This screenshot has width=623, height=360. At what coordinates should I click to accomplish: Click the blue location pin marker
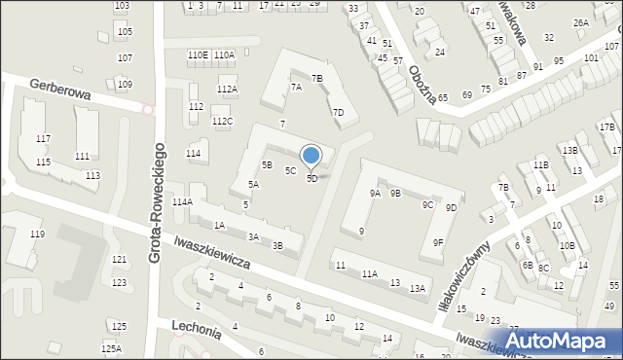point(311,156)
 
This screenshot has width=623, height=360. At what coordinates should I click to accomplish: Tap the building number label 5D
point(312,179)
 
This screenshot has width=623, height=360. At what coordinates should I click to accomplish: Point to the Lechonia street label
point(197,328)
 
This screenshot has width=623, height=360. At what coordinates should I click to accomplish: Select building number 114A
point(182,202)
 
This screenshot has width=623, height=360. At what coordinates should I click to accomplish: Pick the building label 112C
point(223,122)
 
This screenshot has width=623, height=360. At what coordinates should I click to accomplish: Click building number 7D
point(338,113)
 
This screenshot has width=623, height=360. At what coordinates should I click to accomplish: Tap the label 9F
point(439,243)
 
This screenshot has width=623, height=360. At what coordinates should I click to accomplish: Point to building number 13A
point(418,288)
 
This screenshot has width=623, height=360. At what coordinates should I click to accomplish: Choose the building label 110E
point(198,55)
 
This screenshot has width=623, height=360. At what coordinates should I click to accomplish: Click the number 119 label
point(37,234)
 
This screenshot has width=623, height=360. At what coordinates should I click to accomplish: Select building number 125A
point(112,348)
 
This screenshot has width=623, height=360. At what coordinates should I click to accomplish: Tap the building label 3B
point(277,246)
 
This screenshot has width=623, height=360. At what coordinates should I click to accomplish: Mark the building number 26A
point(581,22)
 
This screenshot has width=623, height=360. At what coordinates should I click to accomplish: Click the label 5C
point(290,171)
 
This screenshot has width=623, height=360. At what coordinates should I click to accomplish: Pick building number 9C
point(427,205)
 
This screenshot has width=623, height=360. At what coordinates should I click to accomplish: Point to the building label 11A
point(370,275)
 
